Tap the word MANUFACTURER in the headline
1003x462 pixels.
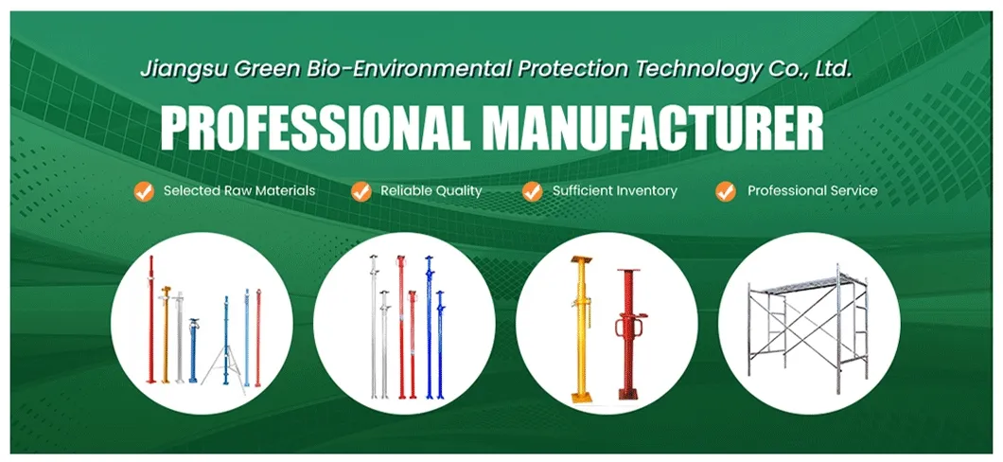643,129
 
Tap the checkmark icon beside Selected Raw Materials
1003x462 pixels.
143,191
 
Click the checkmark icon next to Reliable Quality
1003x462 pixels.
361,191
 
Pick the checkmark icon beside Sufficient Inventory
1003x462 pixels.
532,191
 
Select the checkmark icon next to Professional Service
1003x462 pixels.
726,191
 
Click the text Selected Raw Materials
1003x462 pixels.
238,191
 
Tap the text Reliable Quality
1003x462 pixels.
431,191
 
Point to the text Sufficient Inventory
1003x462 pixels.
615,191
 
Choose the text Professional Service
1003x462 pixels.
812,191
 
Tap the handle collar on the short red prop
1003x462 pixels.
625,328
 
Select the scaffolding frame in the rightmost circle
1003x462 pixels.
805,322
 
